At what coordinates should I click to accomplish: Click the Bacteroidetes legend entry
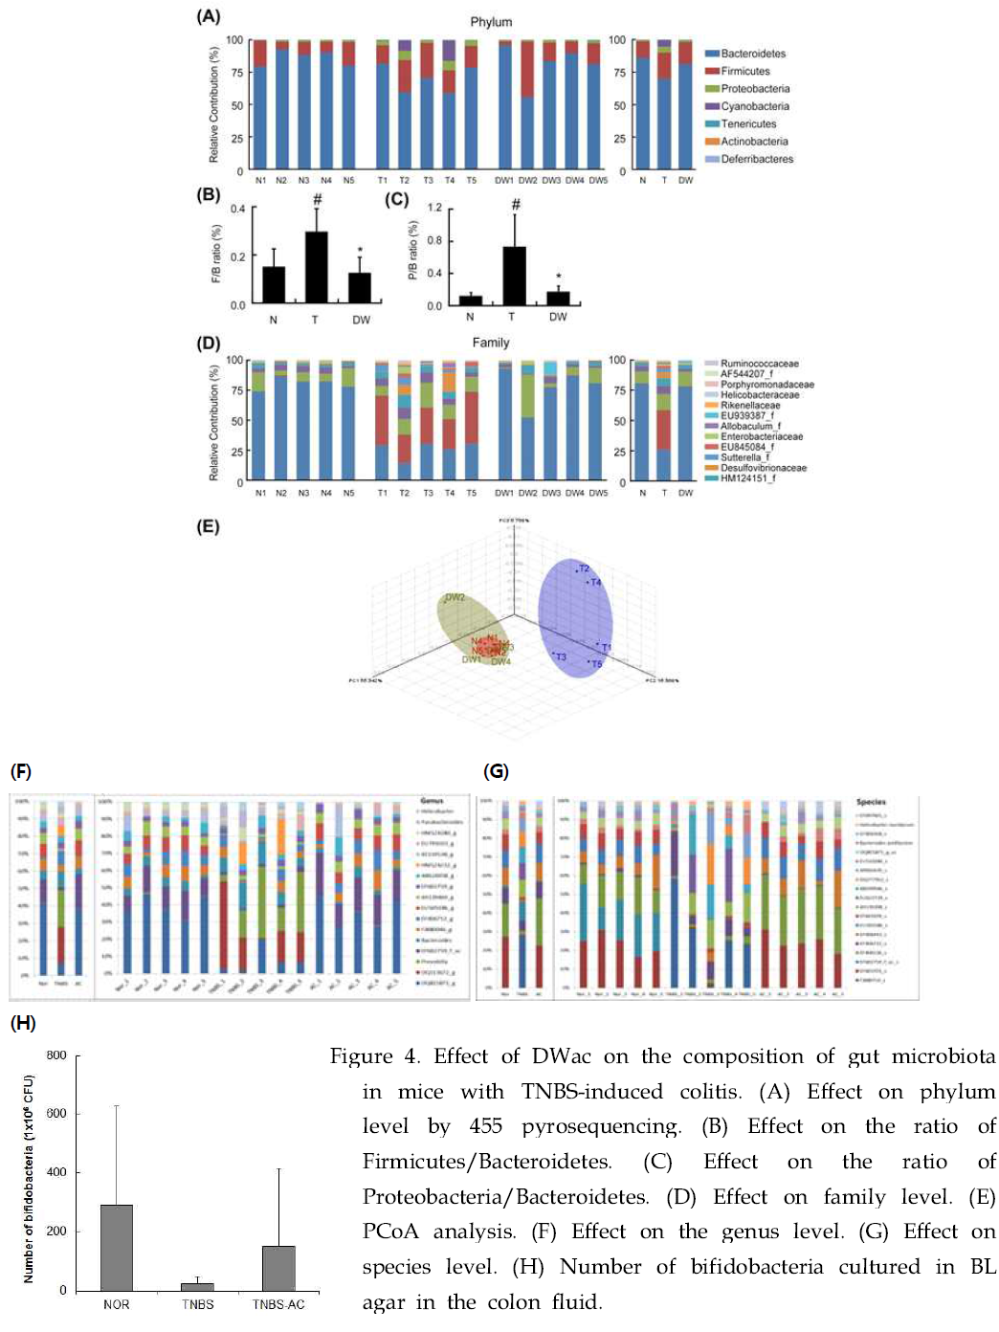[x=752, y=54]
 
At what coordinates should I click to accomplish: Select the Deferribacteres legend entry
[x=756, y=159]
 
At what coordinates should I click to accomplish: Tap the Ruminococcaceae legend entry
[x=759, y=364]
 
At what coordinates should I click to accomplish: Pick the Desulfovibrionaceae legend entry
[x=763, y=468]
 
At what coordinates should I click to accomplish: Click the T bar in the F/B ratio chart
[x=316, y=268]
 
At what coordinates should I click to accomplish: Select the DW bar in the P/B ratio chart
[x=558, y=299]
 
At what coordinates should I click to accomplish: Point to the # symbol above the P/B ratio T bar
[x=516, y=204]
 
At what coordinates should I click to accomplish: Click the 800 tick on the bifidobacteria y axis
[x=56, y=1055]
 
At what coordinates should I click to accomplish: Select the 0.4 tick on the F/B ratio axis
[x=237, y=209]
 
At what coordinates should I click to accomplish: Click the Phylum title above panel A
[x=491, y=22]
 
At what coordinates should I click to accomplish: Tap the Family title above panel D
[x=491, y=343]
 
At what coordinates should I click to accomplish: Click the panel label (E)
[x=208, y=526]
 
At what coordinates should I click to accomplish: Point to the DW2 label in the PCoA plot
[x=455, y=598]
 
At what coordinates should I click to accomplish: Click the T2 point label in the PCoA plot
[x=583, y=569]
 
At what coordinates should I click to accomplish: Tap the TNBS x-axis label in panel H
[x=197, y=1304]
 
